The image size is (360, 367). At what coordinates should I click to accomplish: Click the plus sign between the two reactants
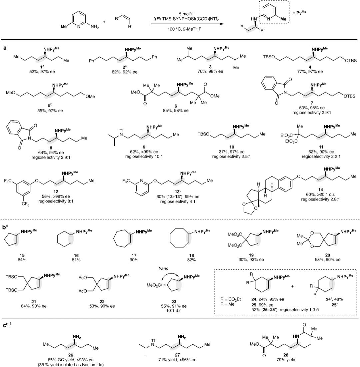pos(104,22)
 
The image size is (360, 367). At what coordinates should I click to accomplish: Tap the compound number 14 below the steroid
pos(320,189)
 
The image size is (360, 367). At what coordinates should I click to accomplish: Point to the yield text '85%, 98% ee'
pos(176,111)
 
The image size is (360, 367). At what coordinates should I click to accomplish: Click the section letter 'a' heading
pos(5,48)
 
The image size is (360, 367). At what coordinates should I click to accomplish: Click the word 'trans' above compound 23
pos(163,268)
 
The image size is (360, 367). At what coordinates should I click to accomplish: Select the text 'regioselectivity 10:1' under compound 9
pos(144,156)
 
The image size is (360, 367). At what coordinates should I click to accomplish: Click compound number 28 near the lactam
pos(286,355)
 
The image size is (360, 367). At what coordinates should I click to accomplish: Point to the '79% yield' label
pos(286,360)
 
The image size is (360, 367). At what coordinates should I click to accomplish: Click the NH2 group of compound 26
pos(77,337)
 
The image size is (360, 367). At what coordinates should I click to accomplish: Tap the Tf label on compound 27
pos(153,341)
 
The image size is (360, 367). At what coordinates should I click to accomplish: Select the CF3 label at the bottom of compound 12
pos(26,204)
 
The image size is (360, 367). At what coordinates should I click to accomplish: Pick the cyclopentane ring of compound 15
pos(11,239)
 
